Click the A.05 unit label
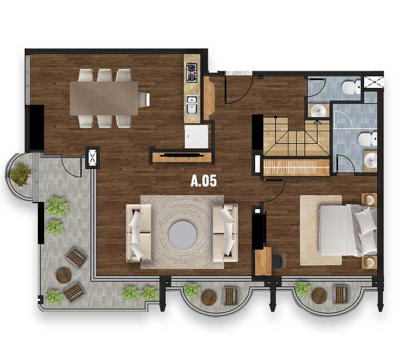(x=204, y=181)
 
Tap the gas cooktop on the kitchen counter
(x=192, y=73)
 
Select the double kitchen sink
(x=192, y=104)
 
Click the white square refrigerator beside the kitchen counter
(x=196, y=136)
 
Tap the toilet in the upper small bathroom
(x=352, y=87)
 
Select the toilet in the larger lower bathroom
(x=368, y=139)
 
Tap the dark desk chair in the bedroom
(x=278, y=261)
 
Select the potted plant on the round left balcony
(x=19, y=174)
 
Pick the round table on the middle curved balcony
(x=208, y=297)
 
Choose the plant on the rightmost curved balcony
(x=303, y=288)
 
